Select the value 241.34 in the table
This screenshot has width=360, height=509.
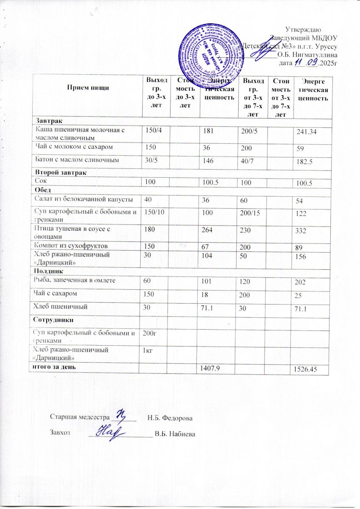pos(307,135)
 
